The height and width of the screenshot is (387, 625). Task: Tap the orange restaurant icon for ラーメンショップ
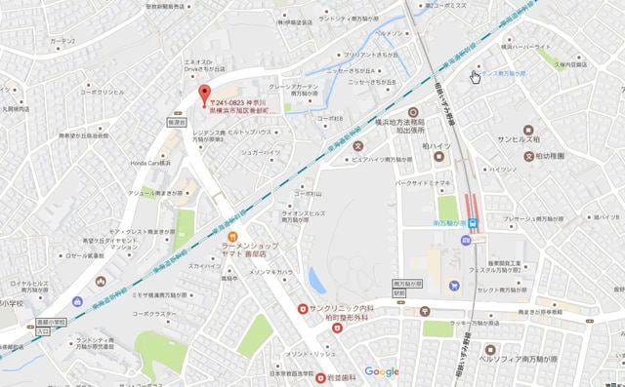click(232, 235)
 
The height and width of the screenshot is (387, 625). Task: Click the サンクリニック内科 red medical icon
click(303, 310)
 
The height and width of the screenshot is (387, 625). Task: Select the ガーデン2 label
click(62, 41)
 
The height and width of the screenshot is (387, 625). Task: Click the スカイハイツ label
click(205, 265)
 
